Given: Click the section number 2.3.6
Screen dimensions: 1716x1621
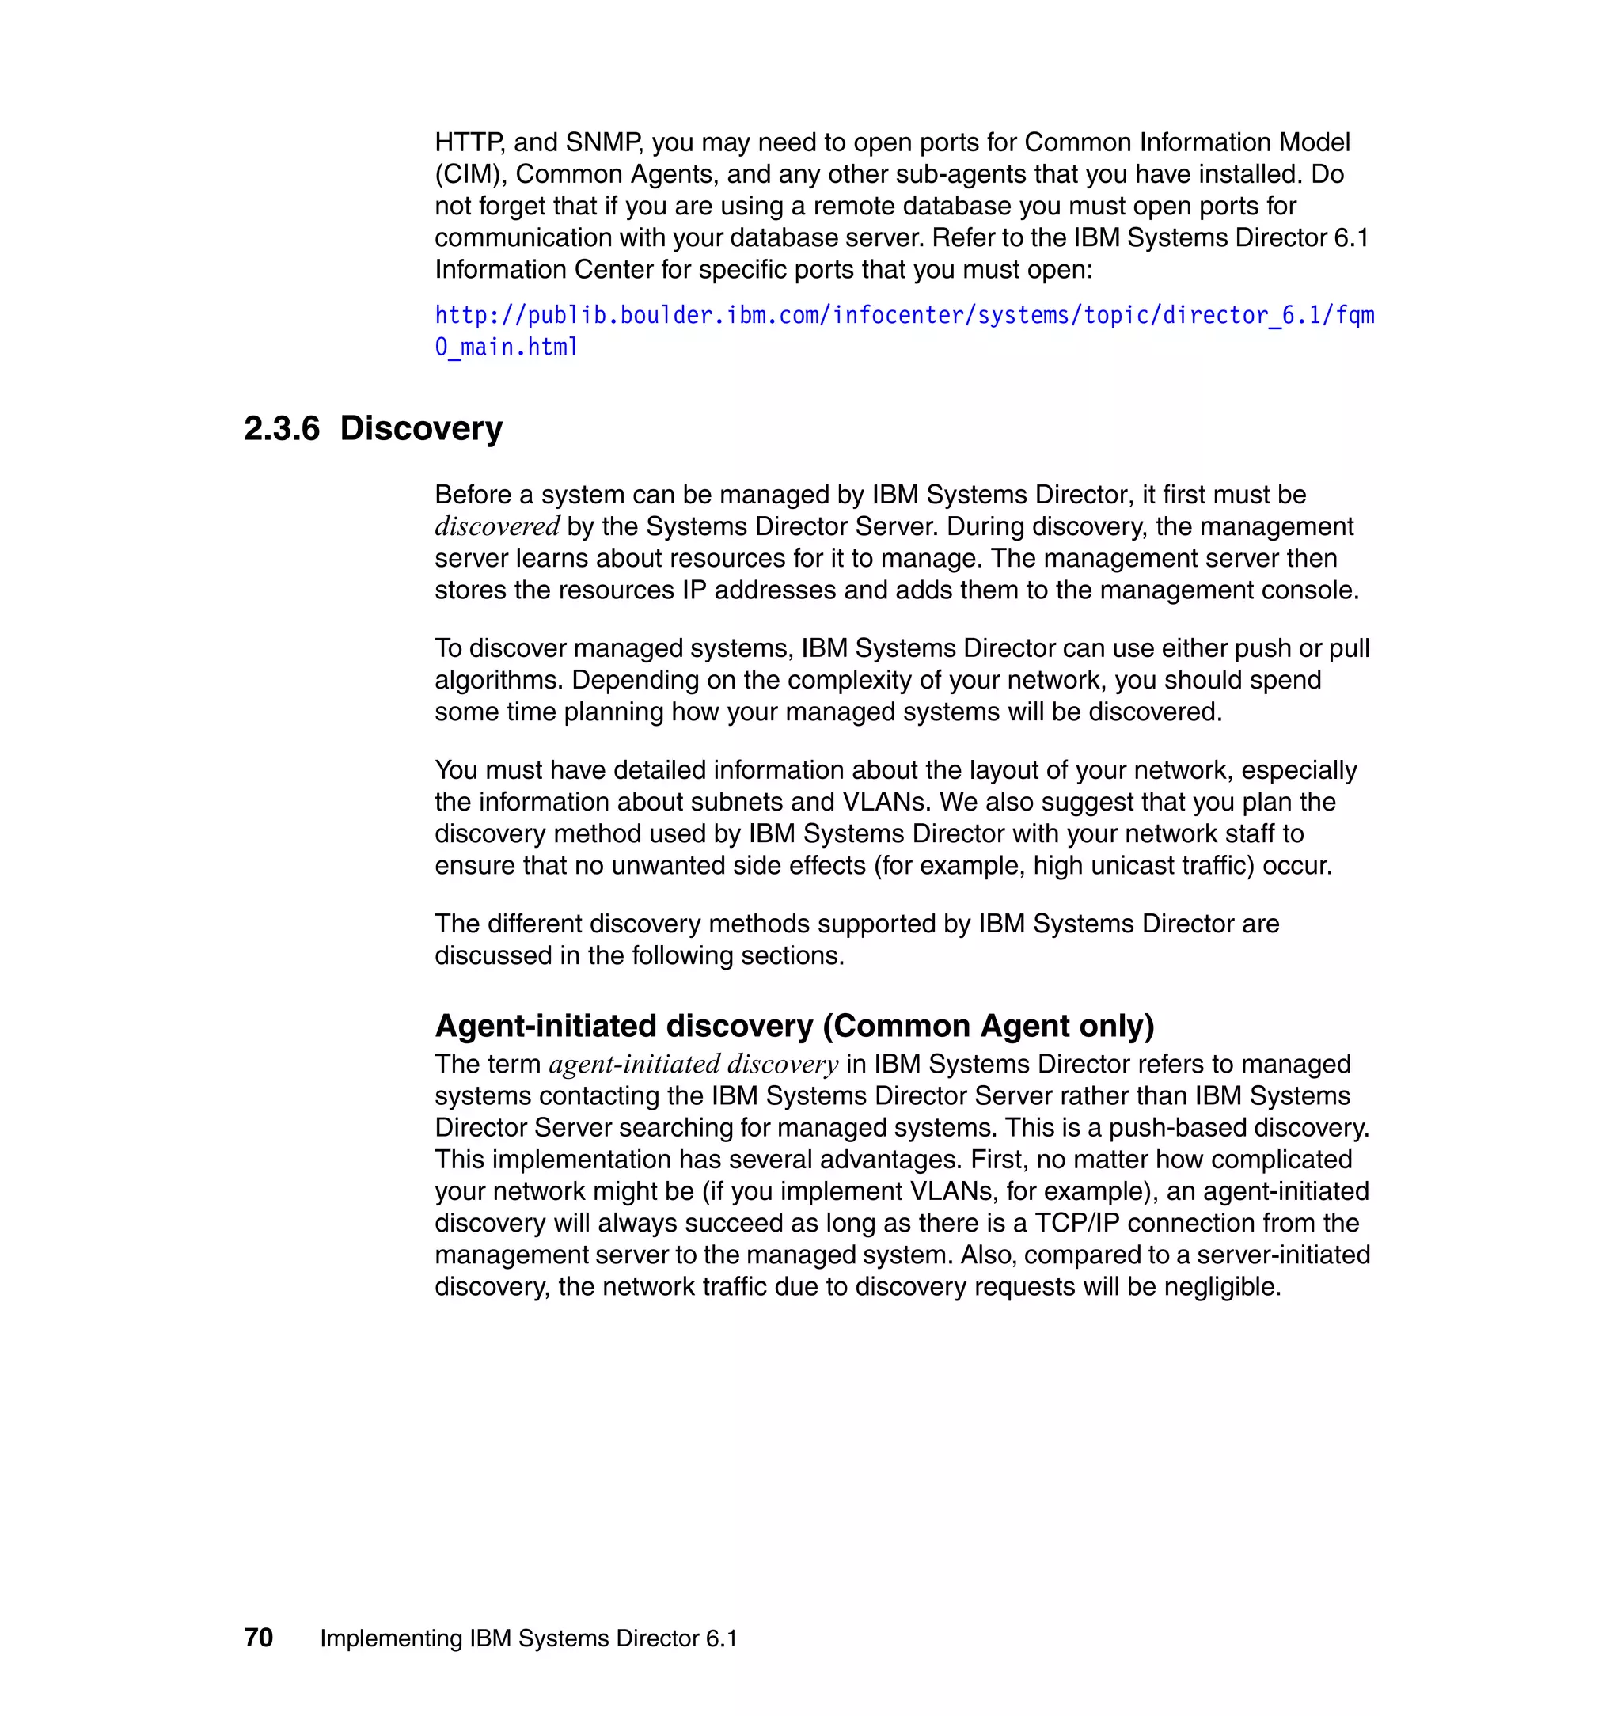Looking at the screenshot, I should point(282,428).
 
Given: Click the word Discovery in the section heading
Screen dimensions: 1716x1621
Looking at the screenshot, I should point(421,428).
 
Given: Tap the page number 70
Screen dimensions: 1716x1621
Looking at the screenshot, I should point(258,1638).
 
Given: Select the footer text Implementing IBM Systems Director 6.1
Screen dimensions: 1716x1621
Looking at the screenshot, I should point(529,1638).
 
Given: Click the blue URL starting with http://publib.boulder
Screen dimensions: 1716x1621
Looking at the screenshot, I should point(904,315).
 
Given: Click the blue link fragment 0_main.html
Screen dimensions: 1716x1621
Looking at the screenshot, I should point(507,347).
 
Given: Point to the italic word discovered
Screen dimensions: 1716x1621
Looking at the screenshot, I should point(497,526).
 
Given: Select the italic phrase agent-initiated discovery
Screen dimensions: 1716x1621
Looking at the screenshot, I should point(693,1064).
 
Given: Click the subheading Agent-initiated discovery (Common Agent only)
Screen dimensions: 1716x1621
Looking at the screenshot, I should point(794,1026).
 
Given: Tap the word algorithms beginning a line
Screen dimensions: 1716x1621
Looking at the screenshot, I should point(499,680).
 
